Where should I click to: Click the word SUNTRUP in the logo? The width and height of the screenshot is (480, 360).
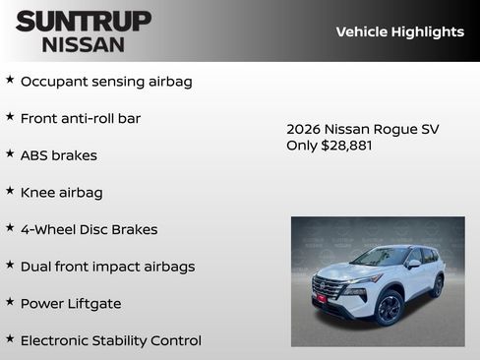click(84, 21)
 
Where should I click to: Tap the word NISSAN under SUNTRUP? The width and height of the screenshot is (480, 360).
click(84, 43)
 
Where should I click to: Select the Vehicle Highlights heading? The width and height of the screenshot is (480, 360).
click(399, 31)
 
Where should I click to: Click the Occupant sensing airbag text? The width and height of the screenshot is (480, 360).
click(106, 82)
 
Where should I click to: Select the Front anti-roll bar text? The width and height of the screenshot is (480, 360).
click(81, 118)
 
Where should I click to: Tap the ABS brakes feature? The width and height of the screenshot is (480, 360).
click(59, 155)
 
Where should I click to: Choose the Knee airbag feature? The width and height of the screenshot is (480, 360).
click(62, 193)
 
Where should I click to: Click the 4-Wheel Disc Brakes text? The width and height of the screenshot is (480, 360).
click(89, 229)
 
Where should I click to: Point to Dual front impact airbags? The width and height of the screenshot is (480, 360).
click(107, 267)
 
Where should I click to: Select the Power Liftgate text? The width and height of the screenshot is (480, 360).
click(71, 304)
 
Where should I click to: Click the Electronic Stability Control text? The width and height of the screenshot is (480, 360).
click(110, 340)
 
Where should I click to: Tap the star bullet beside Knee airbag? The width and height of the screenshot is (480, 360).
click(10, 191)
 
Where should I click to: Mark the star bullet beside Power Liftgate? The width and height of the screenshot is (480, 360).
click(10, 302)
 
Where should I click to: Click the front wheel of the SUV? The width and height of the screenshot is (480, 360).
click(388, 308)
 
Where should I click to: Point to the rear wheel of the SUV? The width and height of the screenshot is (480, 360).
click(437, 285)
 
